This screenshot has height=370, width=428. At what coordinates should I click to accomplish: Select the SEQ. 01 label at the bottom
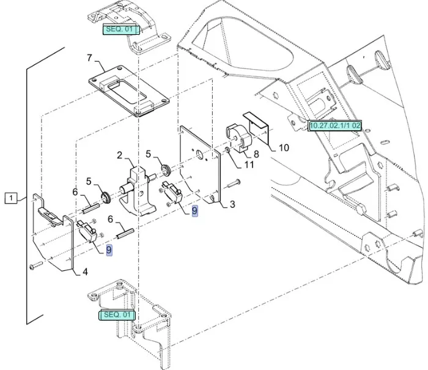pos(117,314)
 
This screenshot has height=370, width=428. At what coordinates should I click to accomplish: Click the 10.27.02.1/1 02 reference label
pos(335,125)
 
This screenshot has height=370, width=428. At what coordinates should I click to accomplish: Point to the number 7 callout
pos(89,59)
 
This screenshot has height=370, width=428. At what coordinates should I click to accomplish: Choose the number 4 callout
pos(85,272)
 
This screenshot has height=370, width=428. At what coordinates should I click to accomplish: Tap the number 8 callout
pos(257,154)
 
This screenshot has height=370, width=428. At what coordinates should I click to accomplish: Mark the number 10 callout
pos(284,147)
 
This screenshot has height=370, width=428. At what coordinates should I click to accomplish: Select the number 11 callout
pos(249,164)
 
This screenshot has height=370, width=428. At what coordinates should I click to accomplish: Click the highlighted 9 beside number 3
pos(194,210)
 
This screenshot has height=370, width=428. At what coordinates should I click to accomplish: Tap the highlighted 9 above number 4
pos(109,250)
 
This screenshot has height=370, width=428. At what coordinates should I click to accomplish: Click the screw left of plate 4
pos(34,266)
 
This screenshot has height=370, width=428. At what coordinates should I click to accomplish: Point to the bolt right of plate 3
pos(234,183)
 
